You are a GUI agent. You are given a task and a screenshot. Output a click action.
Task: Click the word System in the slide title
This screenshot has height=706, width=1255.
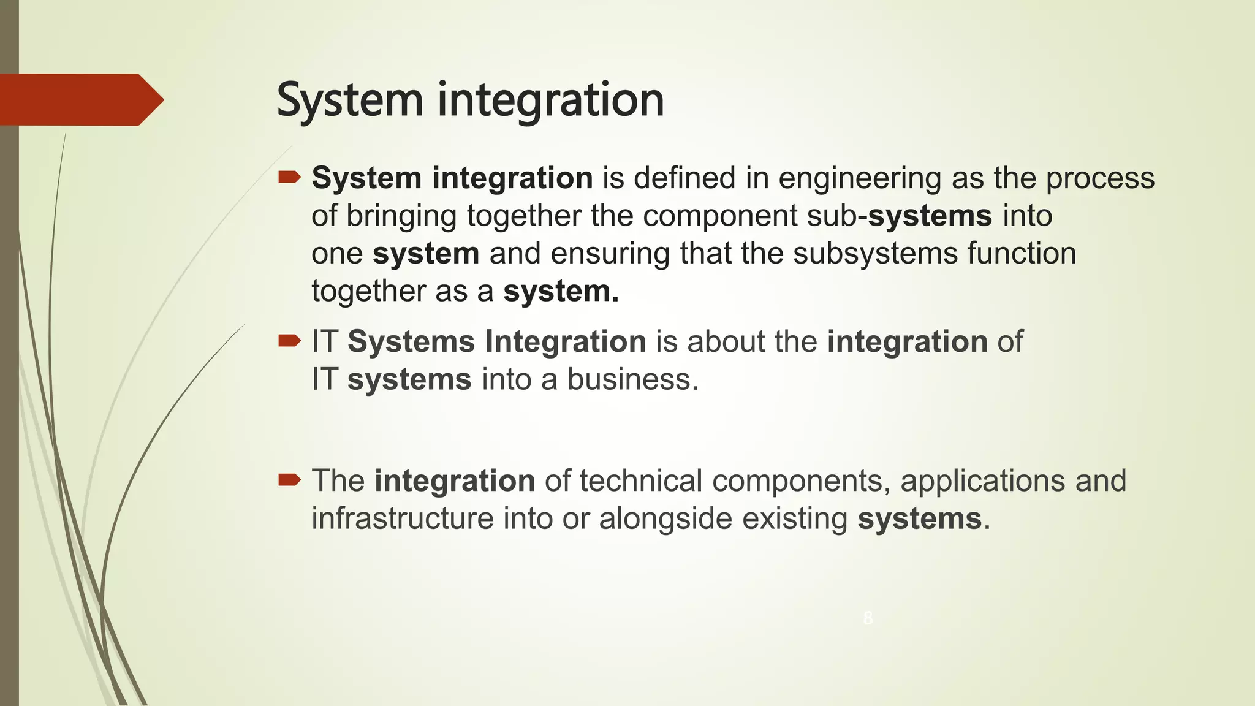(349, 100)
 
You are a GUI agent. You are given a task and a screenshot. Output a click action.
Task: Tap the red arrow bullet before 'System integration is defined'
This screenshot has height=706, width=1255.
(289, 178)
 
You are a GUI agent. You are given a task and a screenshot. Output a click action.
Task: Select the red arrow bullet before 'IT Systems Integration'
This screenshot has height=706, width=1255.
(289, 341)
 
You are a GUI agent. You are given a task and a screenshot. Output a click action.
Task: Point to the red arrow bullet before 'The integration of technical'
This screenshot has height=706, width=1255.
(289, 480)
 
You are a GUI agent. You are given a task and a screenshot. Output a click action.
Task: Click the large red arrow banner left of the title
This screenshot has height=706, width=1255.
(80, 99)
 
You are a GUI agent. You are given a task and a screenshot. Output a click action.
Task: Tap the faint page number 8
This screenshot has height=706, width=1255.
(868, 618)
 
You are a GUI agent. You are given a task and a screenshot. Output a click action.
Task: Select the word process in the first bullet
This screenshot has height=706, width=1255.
(1100, 178)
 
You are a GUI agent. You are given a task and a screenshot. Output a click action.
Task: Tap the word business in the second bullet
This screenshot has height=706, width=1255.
(632, 379)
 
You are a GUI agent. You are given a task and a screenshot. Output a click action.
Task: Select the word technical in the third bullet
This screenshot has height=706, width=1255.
(641, 480)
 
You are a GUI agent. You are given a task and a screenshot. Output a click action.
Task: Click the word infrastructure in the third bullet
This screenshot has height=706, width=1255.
(402, 518)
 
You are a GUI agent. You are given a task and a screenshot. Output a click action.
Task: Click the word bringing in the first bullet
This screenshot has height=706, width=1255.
(401, 216)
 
